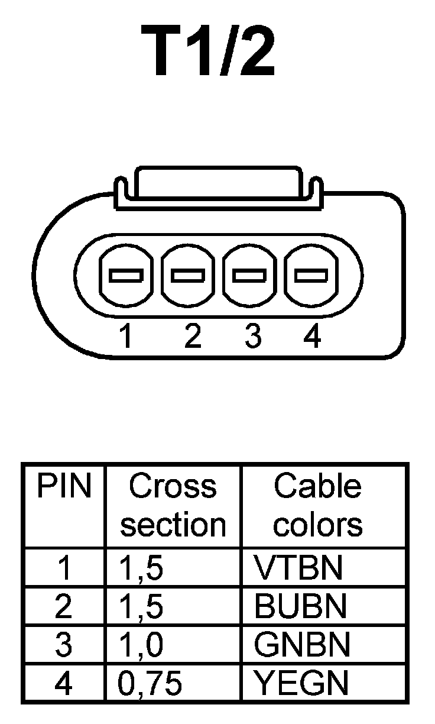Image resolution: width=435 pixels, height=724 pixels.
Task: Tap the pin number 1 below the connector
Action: [125, 337]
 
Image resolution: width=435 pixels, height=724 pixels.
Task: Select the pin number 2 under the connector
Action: [192, 337]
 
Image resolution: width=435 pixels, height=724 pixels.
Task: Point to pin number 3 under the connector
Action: [253, 337]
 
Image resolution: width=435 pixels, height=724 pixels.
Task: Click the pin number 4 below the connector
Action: [311, 337]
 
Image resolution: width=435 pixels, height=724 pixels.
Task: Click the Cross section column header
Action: [173, 506]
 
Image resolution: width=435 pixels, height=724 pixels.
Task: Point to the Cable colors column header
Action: [318, 506]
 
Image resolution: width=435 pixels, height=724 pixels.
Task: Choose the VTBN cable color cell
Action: [298, 568]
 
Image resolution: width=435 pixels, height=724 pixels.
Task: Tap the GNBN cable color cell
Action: [301, 645]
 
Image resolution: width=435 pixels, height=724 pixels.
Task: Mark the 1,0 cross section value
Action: [141, 645]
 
